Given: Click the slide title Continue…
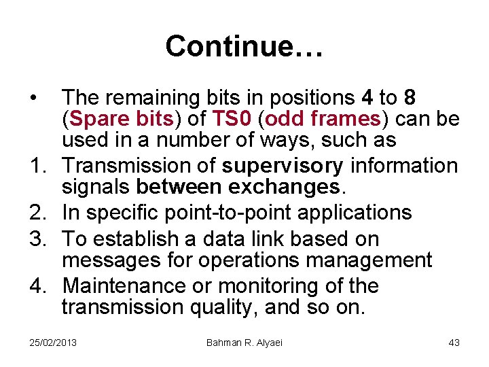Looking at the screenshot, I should pyautogui.click(x=244, y=47).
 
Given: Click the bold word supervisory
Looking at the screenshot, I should pyautogui.click(x=284, y=166).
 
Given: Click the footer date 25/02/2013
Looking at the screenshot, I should pyautogui.click(x=54, y=343).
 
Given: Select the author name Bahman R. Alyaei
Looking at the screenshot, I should pyautogui.click(x=244, y=343).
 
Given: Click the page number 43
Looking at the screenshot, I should pyautogui.click(x=454, y=343).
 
